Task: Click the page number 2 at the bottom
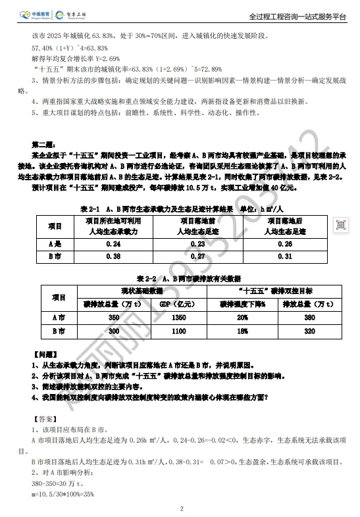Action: pos(180,508)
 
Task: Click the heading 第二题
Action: pos(45,143)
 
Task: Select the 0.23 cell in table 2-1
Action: pos(199,243)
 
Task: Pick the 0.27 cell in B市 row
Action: pos(199,257)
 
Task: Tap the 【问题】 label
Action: pos(45,354)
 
